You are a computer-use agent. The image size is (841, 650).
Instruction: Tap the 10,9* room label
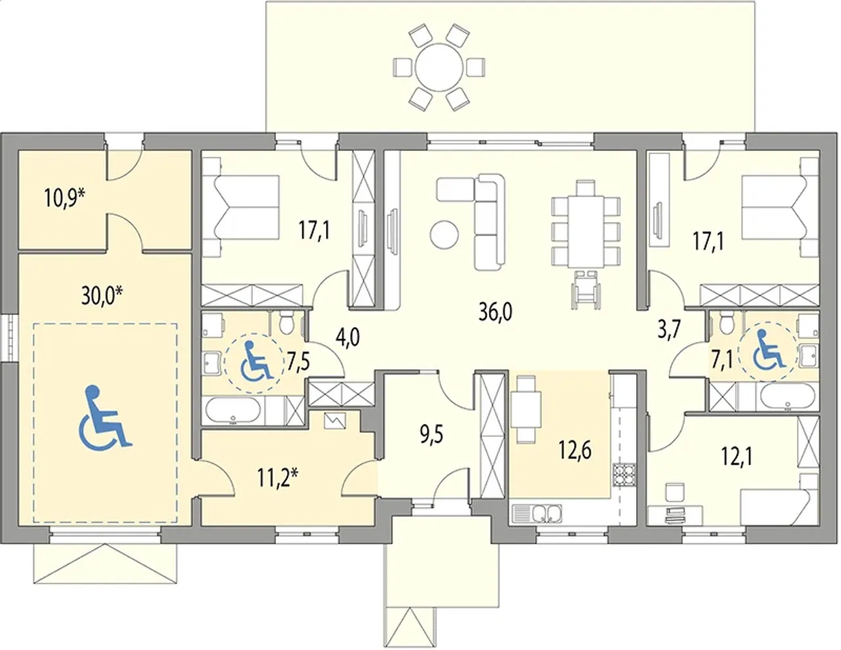(x=64, y=198)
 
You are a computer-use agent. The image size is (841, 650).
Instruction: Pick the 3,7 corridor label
(x=669, y=331)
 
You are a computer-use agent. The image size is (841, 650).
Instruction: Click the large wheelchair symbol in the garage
(x=104, y=418)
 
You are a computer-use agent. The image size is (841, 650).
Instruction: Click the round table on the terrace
(x=439, y=68)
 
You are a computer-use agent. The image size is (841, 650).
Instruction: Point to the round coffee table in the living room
(x=444, y=235)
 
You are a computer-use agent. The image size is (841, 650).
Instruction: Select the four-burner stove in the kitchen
(x=625, y=480)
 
